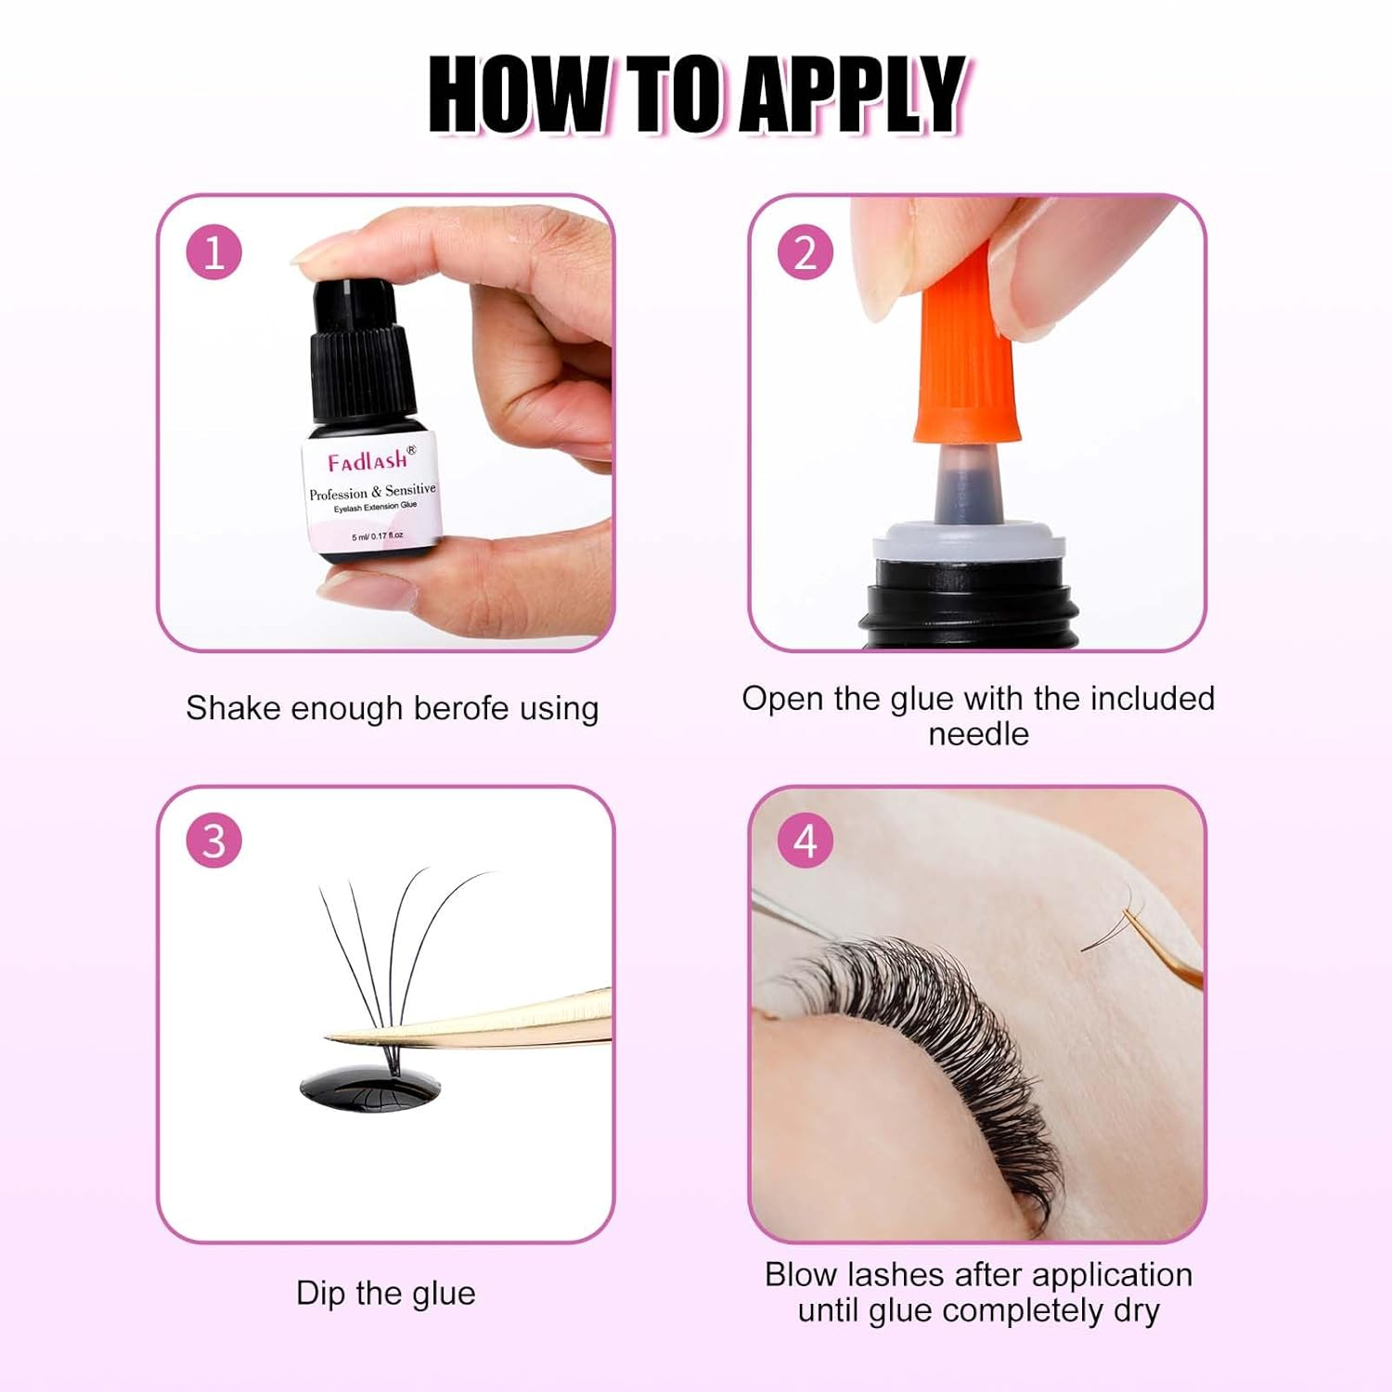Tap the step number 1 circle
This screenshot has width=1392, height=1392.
tap(214, 252)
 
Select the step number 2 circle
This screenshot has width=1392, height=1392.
tap(806, 252)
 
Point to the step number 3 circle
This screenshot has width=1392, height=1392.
tap(214, 841)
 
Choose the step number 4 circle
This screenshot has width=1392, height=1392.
tap(806, 841)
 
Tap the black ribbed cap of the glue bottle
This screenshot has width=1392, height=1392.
tap(357, 371)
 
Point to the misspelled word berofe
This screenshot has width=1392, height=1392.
tap(462, 708)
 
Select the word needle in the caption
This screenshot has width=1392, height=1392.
tap(978, 734)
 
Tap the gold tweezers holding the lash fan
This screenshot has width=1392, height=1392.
tap(501, 1021)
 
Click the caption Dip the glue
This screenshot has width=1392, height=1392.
tap(385, 1293)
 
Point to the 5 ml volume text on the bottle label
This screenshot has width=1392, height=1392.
tap(377, 536)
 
